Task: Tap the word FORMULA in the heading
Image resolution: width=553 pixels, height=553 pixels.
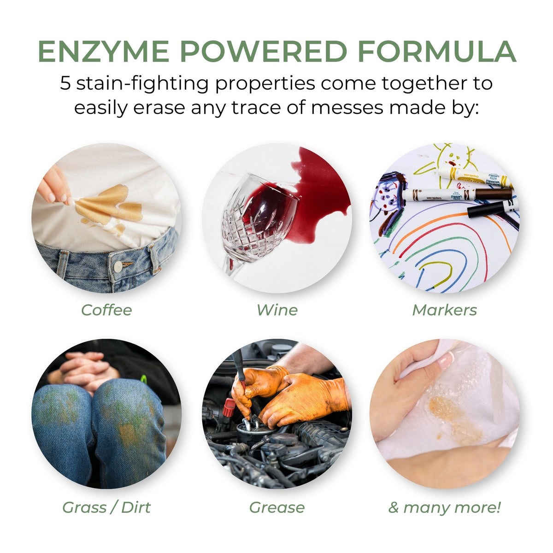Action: pyautogui.click(x=436, y=52)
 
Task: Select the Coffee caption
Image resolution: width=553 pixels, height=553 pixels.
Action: pyautogui.click(x=106, y=310)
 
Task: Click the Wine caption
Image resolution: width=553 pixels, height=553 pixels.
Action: pyautogui.click(x=276, y=310)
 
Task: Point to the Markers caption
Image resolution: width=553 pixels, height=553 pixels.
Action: pyautogui.click(x=444, y=310)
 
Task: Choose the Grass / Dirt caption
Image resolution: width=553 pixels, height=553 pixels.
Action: pyautogui.click(x=106, y=507)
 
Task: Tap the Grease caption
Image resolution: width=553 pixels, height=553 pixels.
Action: pyautogui.click(x=276, y=507)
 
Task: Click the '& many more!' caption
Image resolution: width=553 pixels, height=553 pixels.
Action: pyautogui.click(x=444, y=507)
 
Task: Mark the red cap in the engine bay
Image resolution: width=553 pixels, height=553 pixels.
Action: pyautogui.click(x=229, y=408)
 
